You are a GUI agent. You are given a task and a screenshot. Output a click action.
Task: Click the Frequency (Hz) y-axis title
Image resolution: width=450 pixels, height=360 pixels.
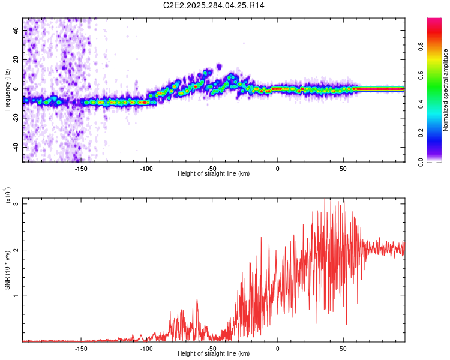[7, 89]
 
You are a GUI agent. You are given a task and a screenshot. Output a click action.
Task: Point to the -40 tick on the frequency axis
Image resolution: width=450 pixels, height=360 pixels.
[16, 147]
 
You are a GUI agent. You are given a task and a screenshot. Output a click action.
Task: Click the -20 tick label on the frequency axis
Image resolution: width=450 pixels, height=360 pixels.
[16, 118]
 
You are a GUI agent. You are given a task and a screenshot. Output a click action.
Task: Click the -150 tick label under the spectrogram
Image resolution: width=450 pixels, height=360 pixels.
[82, 168]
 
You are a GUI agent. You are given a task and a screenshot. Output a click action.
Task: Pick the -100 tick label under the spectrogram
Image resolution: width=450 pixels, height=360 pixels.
[146, 168]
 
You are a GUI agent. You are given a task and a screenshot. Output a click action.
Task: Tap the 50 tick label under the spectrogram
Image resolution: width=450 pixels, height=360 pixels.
[343, 168]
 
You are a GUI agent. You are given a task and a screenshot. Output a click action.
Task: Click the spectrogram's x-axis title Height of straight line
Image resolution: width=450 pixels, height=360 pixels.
[214, 174]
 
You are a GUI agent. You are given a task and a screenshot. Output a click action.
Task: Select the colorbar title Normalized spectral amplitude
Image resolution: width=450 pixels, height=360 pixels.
[446, 90]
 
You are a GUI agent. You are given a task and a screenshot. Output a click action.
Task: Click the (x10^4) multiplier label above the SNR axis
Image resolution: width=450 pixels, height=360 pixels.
[8, 195]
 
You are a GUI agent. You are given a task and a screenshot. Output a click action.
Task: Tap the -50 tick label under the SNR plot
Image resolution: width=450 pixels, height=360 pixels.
[212, 349]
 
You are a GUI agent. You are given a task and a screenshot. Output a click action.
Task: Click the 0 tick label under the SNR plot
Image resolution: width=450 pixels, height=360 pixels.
[277, 349]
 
